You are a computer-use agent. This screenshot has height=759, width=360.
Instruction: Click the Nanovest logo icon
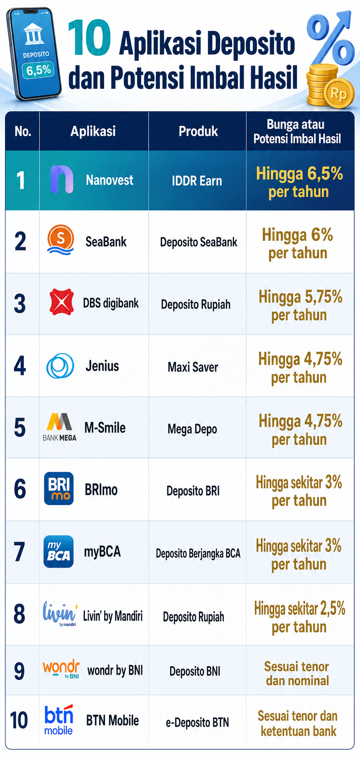tap(62, 179)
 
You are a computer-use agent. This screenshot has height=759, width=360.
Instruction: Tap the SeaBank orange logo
tap(61, 240)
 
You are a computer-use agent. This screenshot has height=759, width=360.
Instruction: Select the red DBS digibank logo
tap(62, 302)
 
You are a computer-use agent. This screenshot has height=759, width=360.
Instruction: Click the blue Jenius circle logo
tap(60, 366)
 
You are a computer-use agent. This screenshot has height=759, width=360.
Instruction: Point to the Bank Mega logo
tap(60, 427)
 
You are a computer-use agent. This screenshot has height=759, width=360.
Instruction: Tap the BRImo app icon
tap(59, 488)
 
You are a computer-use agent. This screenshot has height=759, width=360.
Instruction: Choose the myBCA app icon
tap(59, 551)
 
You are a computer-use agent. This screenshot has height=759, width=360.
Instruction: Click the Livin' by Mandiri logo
tap(60, 614)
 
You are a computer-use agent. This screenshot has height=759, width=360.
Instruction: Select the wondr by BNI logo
tap(61, 669)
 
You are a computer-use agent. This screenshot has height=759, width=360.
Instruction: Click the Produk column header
tap(198, 131)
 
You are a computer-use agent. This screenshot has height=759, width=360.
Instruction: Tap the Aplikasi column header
tap(93, 131)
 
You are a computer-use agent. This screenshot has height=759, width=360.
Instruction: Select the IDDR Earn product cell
tap(197, 181)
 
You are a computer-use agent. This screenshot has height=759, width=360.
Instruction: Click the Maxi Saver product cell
tap(193, 367)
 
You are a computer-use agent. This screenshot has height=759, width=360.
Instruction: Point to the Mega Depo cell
tap(192, 429)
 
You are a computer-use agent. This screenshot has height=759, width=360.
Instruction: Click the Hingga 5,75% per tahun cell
tap(300, 306)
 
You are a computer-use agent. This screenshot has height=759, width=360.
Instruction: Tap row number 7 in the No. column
tap(20, 552)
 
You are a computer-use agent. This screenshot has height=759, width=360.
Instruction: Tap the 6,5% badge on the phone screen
tap(38, 70)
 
